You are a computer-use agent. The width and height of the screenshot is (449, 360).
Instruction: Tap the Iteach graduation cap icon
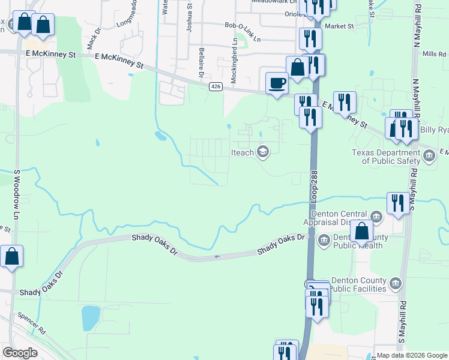pyautogui.click(x=262, y=152)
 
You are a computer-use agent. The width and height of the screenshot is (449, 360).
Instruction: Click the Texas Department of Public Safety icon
pyautogui.click(x=429, y=157)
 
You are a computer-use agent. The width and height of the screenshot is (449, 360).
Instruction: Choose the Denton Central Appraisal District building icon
pyautogui.click(x=375, y=215)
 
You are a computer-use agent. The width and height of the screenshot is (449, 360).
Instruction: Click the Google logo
pyautogui.click(x=20, y=352)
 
